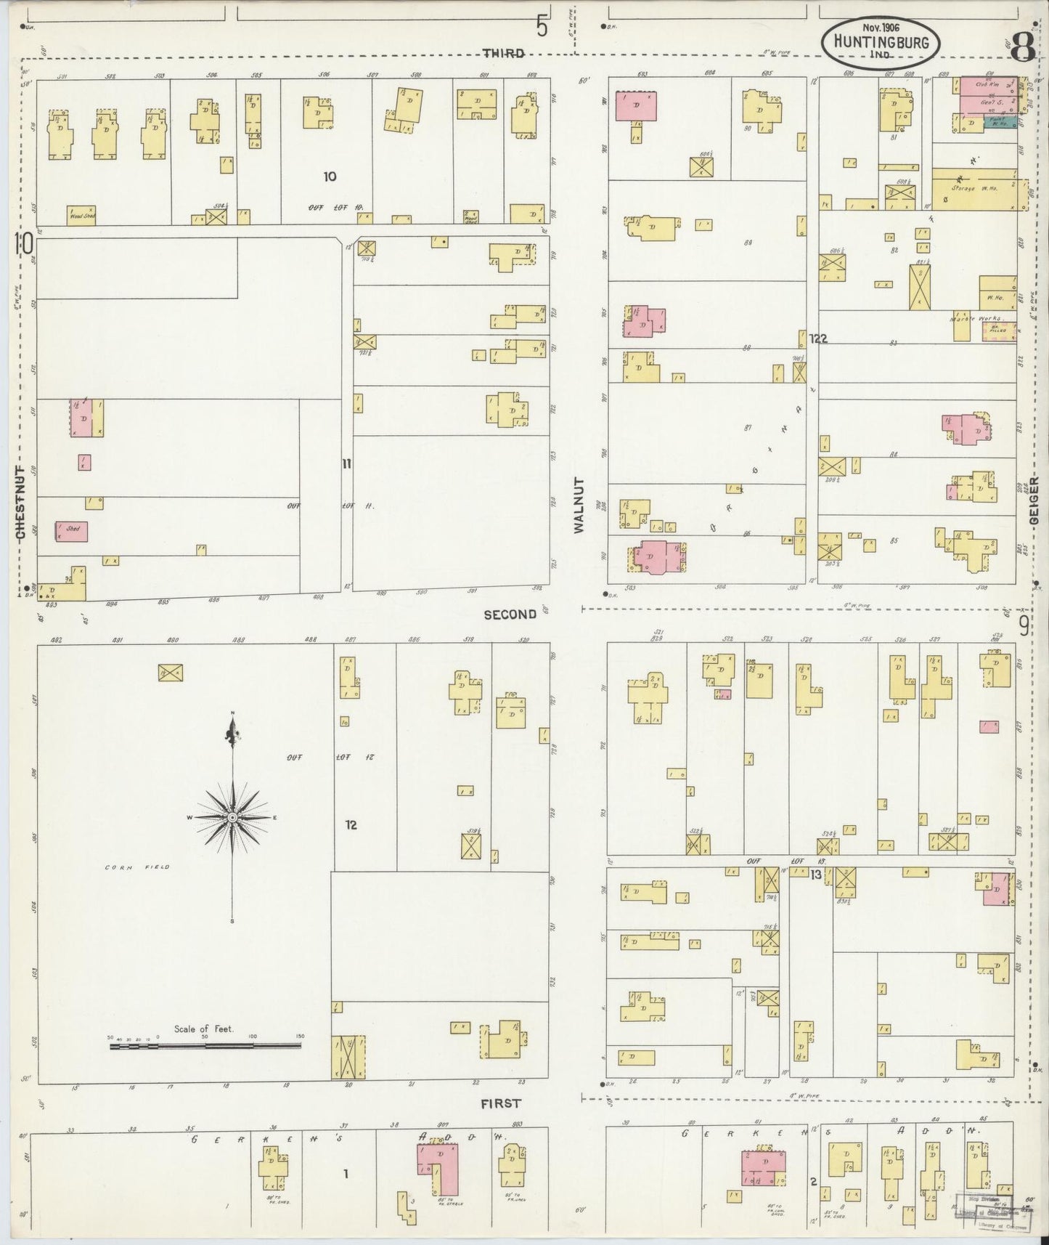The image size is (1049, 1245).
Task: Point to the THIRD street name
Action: (x=503, y=54)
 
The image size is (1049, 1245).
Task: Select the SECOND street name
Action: (x=510, y=615)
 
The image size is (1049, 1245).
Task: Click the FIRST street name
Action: (x=501, y=1103)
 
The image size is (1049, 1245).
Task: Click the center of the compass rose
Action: (x=232, y=818)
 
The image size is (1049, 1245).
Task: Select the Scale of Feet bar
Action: (x=205, y=1046)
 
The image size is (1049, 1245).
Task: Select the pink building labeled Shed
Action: (x=72, y=531)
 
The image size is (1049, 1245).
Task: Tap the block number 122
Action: (x=818, y=338)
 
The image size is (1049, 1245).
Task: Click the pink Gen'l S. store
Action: (x=987, y=104)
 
